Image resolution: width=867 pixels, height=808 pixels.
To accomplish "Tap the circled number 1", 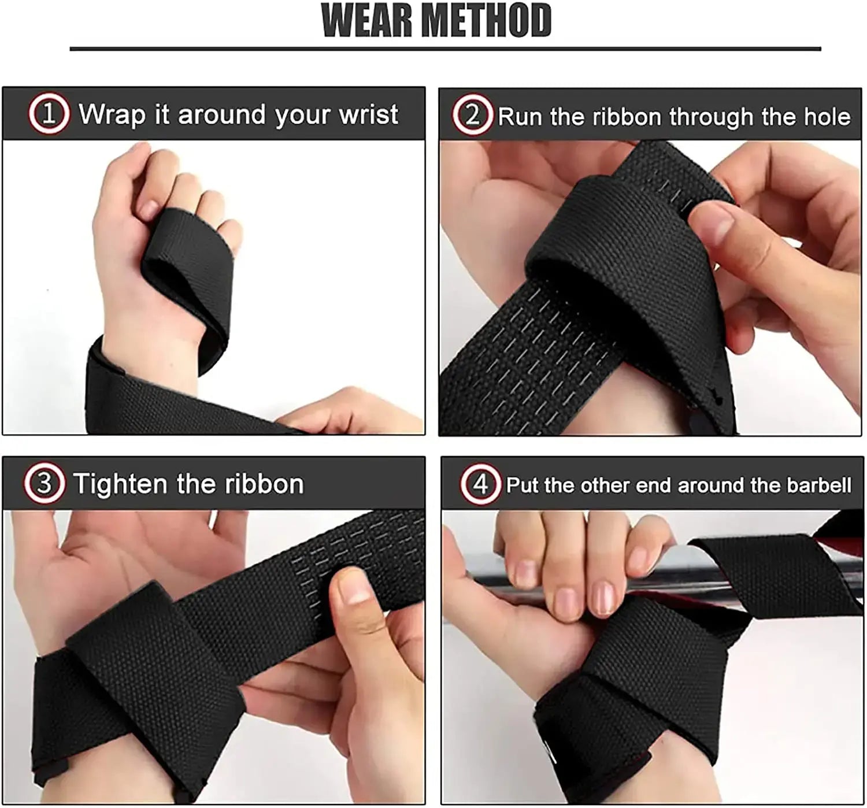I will [49, 114].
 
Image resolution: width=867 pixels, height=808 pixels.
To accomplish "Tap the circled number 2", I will [472, 116].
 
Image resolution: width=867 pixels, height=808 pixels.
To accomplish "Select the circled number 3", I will [44, 483].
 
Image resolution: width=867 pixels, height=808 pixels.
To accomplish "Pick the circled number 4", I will [480, 484].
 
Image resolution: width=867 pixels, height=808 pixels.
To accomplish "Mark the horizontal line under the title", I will [445, 49].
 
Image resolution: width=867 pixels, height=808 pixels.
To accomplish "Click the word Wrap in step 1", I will [112, 114].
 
